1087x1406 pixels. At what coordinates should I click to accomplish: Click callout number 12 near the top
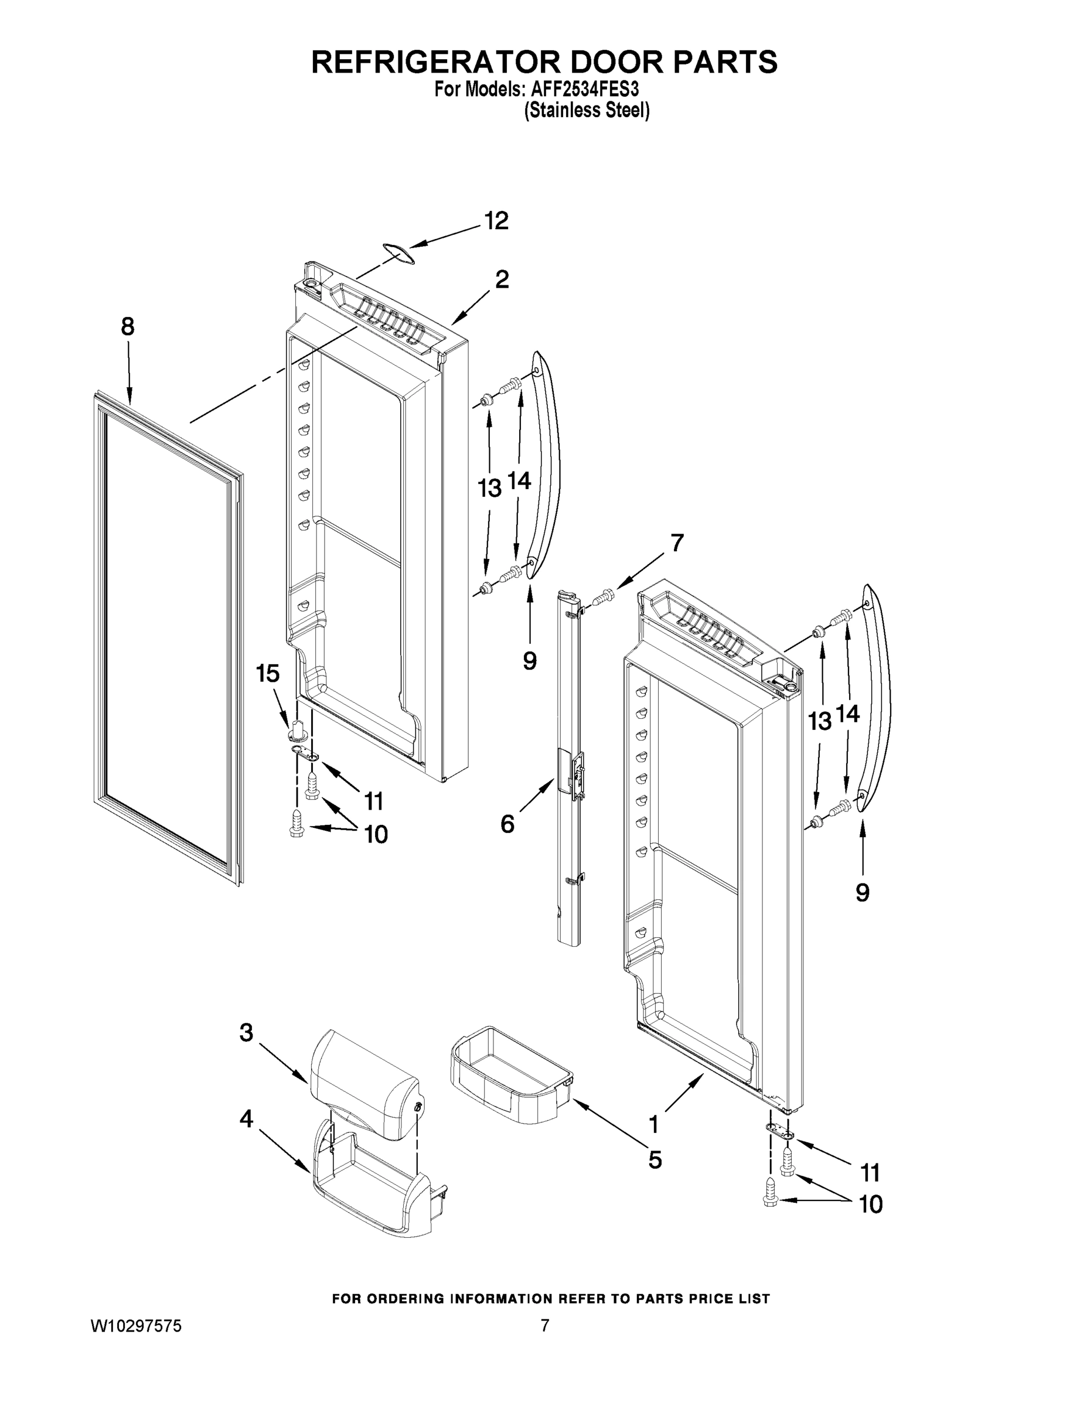[496, 221]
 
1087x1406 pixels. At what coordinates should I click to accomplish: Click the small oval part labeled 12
[398, 253]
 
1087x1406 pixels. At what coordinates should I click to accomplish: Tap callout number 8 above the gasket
[128, 326]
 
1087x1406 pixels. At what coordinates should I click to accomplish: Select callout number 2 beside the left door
[502, 279]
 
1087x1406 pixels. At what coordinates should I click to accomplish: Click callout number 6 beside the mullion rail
[507, 823]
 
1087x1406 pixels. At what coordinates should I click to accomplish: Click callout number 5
[655, 1159]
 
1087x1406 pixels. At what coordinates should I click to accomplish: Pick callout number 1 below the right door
[653, 1125]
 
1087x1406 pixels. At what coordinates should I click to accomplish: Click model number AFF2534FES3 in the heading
[585, 88]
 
